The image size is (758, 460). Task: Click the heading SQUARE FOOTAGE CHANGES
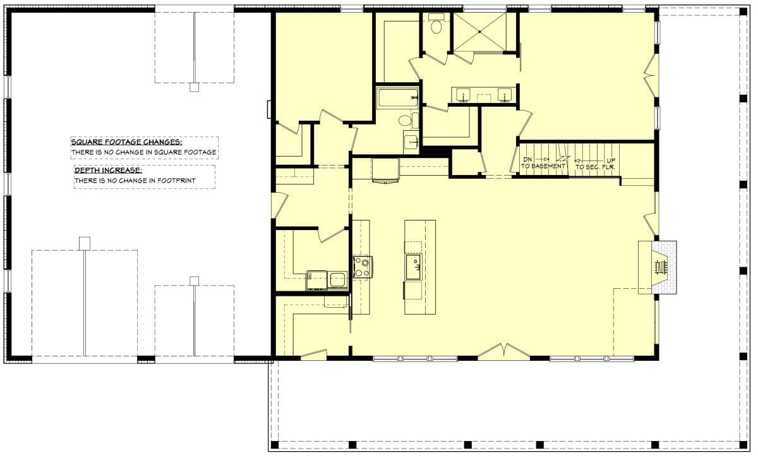(x=126, y=142)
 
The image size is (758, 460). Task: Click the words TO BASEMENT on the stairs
(x=543, y=166)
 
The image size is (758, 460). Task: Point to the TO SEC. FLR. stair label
(x=595, y=166)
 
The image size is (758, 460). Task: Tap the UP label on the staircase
(x=610, y=160)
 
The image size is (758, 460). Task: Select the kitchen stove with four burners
(x=362, y=267)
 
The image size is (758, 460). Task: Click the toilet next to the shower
(x=436, y=25)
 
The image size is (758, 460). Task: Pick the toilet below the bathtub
(x=405, y=120)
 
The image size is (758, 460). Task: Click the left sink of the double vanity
(x=464, y=95)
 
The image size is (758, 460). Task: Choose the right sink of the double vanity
(x=504, y=95)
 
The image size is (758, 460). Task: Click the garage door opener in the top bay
(x=194, y=87)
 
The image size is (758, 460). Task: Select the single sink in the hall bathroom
(x=411, y=142)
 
